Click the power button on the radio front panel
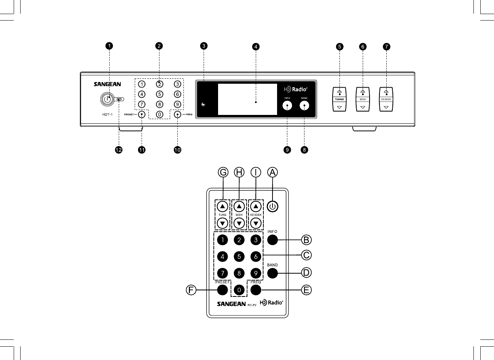point(107,99)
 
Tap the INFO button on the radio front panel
point(287,106)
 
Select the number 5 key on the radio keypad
point(159,94)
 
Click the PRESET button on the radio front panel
point(142,114)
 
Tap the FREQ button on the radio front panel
point(177,114)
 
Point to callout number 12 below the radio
point(119,150)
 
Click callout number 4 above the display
point(256,47)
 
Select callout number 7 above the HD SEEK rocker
point(386,47)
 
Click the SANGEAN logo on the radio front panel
point(107,84)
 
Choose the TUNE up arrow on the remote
point(223,207)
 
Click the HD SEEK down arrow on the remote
point(256,223)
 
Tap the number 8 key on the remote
point(239,273)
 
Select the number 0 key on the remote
point(239,290)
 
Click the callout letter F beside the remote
point(191,290)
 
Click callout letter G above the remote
point(223,172)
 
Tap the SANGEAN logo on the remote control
point(231,304)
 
